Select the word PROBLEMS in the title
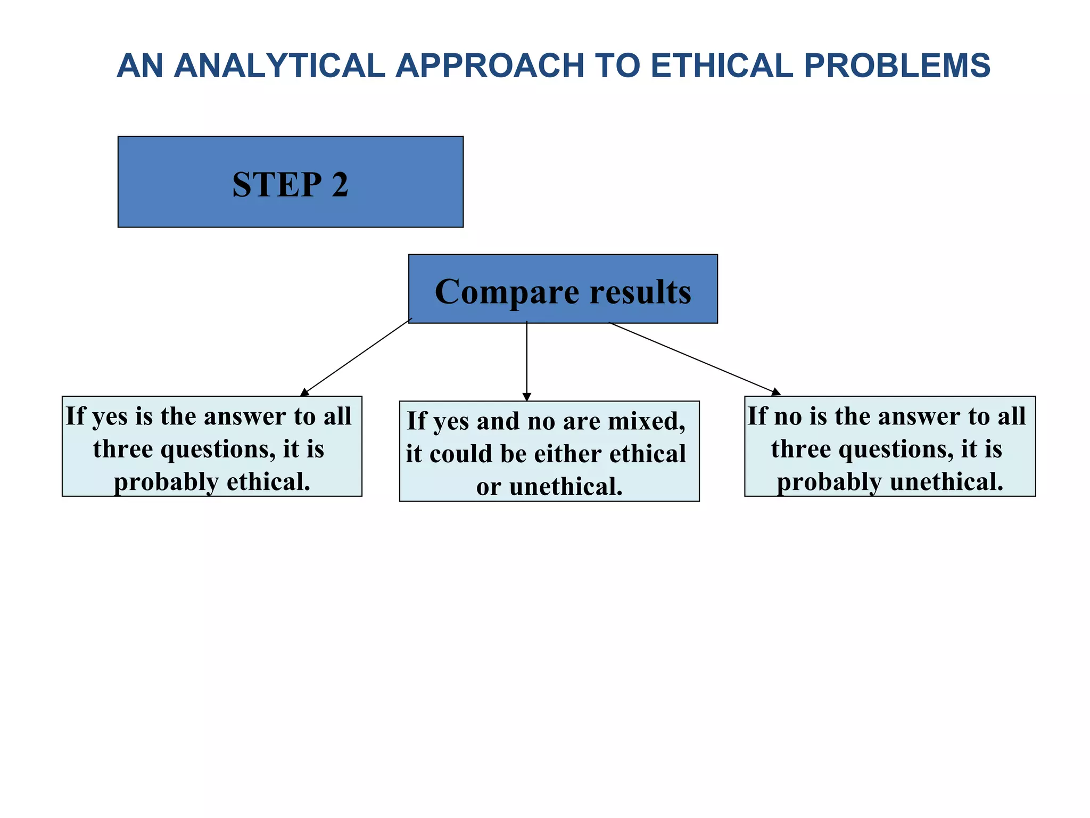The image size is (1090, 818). (x=897, y=66)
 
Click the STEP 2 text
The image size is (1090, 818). (x=290, y=185)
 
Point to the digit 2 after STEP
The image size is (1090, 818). (x=340, y=185)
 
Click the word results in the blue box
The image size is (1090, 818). (x=640, y=292)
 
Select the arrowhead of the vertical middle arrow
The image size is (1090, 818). (x=527, y=397)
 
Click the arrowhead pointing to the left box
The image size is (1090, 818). (x=304, y=392)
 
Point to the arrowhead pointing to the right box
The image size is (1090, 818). (x=776, y=392)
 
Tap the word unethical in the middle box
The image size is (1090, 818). (x=565, y=487)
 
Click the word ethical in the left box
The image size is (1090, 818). (x=268, y=482)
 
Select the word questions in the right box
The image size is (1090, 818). (x=896, y=449)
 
